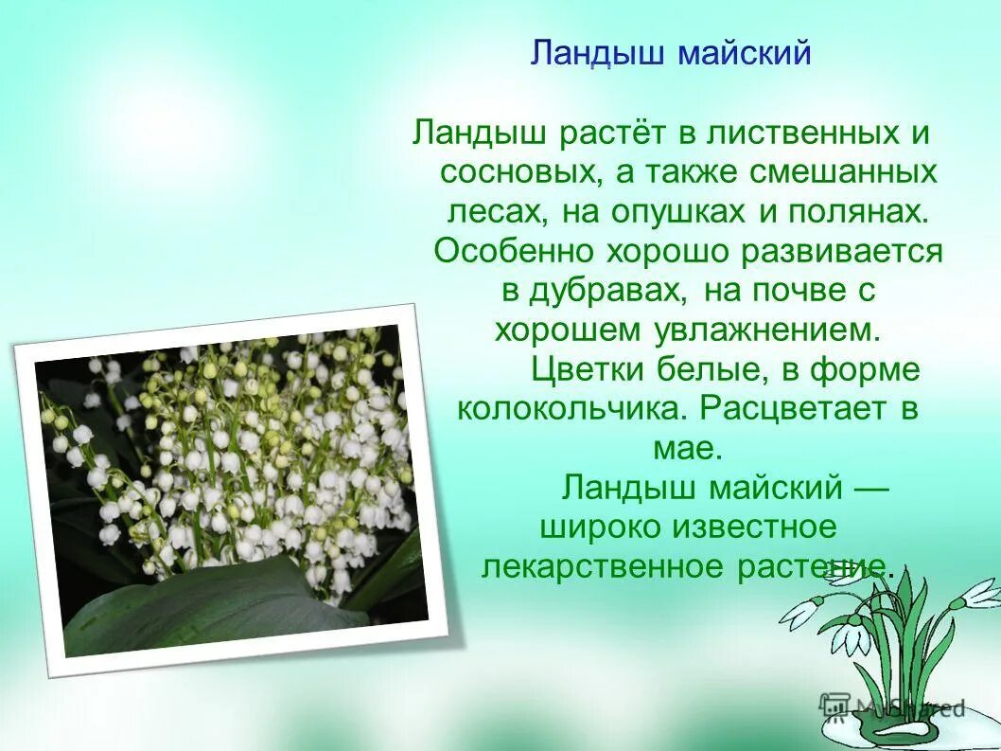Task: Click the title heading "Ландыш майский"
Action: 670,53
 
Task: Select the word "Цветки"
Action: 591,370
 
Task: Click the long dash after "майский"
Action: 870,488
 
